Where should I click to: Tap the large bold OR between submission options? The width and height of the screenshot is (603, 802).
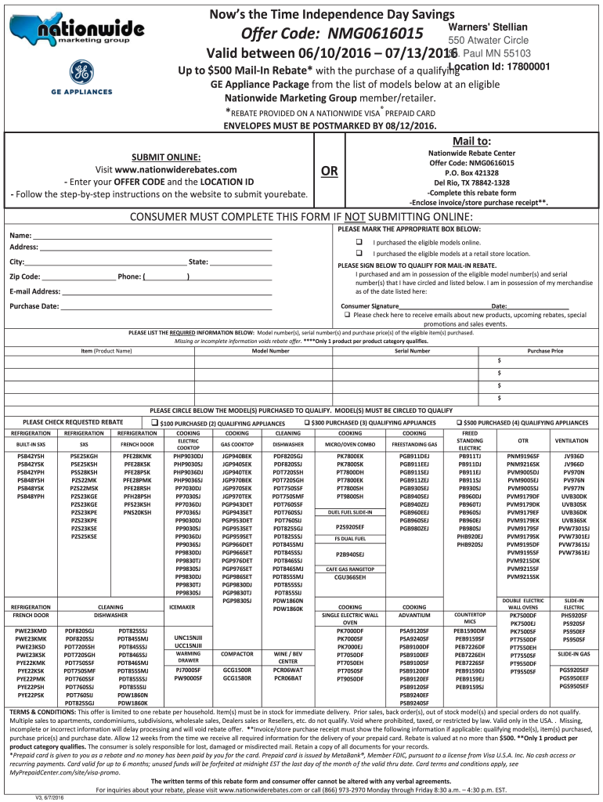coord(324,171)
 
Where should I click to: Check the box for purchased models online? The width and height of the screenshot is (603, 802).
coord(359,242)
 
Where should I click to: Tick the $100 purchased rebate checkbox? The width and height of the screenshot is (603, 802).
coord(156,423)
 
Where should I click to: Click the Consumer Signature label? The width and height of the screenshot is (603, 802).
coord(370,305)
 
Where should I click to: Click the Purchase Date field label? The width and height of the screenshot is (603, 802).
coord(34,305)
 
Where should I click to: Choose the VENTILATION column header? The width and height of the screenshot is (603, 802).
coord(574,441)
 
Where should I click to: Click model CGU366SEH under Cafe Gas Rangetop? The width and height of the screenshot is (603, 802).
coord(350,577)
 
